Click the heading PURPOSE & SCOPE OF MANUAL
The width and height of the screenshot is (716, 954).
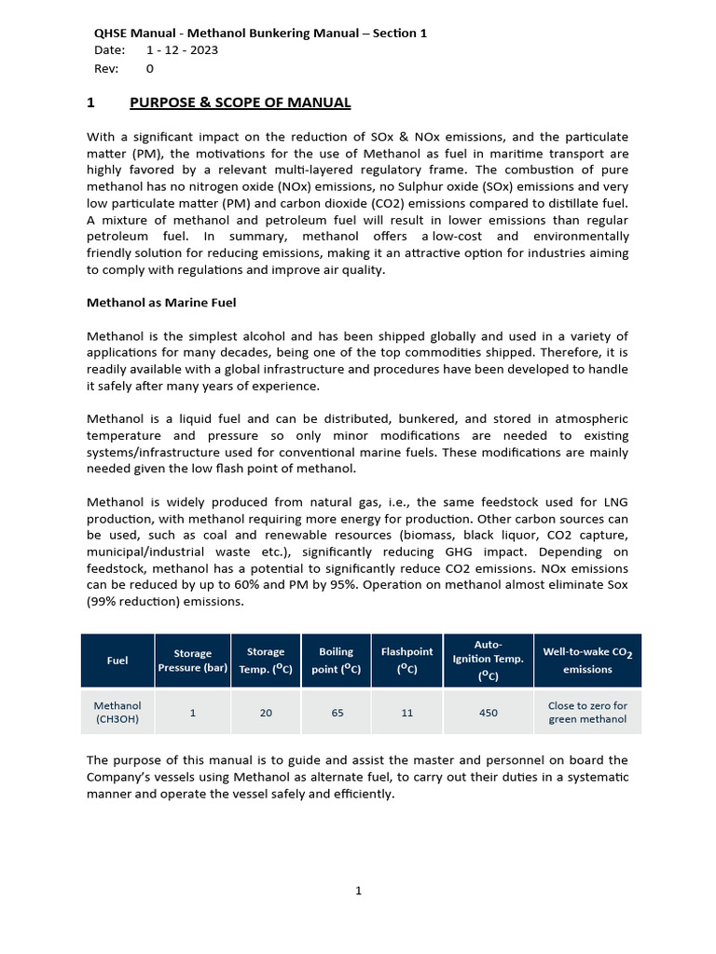(240, 102)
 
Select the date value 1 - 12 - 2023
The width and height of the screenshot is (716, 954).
(183, 50)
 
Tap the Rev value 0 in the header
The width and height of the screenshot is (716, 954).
(150, 68)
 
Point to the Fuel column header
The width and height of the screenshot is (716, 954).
(117, 661)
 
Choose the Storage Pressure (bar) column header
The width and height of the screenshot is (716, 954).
(193, 661)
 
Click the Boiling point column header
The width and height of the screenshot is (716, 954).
(337, 661)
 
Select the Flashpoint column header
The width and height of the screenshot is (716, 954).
(406, 661)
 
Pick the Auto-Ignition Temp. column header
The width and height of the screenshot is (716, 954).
(489, 661)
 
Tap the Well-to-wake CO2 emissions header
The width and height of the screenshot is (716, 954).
(587, 661)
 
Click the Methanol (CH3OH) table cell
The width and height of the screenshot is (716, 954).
(117, 713)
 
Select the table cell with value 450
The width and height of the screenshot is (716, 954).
(489, 713)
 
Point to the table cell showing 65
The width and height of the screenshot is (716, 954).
(337, 713)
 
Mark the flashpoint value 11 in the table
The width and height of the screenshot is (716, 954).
(406, 713)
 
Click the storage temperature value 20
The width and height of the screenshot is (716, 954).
(266, 713)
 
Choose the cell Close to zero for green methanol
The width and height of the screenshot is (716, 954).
(587, 713)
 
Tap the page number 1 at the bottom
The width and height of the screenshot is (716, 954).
(358, 891)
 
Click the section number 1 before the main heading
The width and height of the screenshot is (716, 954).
(90, 102)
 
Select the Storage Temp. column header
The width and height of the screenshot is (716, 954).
(266, 661)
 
